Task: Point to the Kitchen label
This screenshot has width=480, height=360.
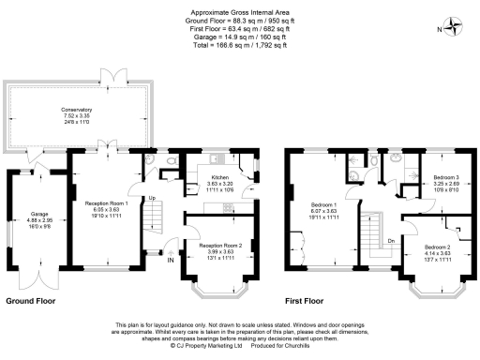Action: point(219,176)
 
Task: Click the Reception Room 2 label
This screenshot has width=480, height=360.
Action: point(217,246)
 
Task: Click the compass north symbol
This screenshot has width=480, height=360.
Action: point(457,26)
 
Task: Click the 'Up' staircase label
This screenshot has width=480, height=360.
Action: point(152,198)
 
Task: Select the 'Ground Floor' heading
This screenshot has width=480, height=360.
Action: point(31,303)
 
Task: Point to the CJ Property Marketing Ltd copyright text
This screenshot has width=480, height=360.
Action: point(202,345)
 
